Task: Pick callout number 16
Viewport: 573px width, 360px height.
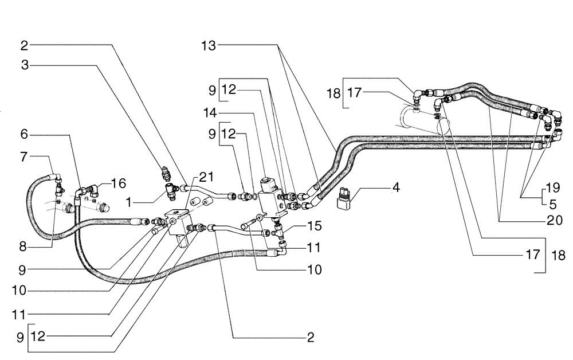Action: pyautogui.click(x=118, y=183)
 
